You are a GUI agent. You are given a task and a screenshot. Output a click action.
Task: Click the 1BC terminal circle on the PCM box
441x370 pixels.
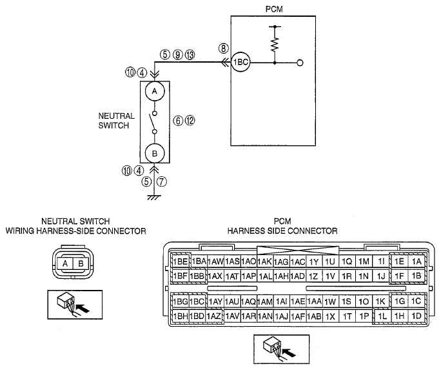[240, 62]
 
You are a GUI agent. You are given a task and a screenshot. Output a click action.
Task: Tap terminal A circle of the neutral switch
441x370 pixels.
[154, 91]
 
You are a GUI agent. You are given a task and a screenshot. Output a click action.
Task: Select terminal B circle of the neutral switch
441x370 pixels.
[154, 154]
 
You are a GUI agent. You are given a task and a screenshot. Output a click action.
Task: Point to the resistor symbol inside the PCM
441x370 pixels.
[275, 44]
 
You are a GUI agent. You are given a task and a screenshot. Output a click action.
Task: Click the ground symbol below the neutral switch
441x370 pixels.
[154, 198]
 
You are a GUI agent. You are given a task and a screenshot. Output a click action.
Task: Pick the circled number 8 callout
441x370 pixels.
[223, 48]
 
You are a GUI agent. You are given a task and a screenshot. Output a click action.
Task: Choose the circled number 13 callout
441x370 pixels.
[190, 55]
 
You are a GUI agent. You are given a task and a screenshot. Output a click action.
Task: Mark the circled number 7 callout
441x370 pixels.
[161, 181]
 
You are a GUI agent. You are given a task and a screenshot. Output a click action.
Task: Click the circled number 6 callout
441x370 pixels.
[178, 121]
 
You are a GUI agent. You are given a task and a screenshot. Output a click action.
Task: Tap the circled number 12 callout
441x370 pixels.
[190, 121]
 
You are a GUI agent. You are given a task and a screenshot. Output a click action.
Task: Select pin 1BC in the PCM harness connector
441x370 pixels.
[197, 302]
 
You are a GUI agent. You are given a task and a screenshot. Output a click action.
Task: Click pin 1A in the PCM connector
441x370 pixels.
[416, 262]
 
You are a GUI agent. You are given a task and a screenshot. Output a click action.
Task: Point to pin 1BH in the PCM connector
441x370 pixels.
[180, 316]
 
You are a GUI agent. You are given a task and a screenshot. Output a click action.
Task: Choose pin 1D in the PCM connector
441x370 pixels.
[416, 316]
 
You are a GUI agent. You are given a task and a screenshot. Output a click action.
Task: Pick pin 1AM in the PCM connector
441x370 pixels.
[264, 302]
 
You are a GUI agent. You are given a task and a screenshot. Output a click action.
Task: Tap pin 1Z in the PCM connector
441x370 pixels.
[313, 276]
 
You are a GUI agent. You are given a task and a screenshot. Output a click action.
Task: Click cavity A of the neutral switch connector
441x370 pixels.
[65, 264]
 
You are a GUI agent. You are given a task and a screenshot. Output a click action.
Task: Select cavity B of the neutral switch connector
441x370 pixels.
[81, 264]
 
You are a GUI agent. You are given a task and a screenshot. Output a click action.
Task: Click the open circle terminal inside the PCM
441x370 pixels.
[300, 63]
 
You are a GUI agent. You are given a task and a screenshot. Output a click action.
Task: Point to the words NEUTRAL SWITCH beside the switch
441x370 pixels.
[117, 121]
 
